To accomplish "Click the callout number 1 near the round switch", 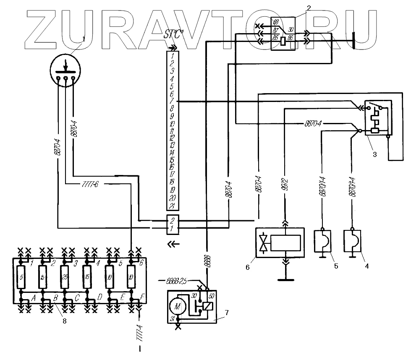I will pos(84,39).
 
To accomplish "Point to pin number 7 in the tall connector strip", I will pos(172,101).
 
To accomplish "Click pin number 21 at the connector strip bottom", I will pos(172,206).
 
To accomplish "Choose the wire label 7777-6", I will pos(91,184).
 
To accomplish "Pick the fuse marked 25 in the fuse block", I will pos(64,277).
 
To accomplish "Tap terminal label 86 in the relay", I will pos(291,38).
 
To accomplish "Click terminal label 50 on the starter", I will pos(211,296).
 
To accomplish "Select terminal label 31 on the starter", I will pos(172,319).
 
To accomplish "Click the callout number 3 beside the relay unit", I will pos(375,153).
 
